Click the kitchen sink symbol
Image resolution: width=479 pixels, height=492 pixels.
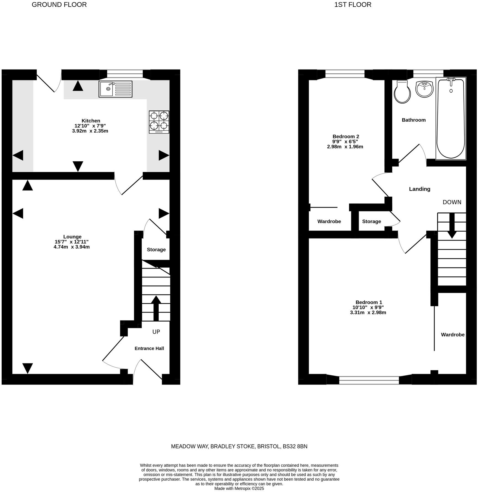click(115, 89)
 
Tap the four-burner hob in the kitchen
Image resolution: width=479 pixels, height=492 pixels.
click(159, 122)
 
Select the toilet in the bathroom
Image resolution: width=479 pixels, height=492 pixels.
click(402, 92)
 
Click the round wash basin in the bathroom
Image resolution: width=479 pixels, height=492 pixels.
click(424, 89)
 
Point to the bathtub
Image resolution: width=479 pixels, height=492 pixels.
click(451, 119)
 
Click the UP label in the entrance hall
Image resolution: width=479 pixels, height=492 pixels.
click(156, 332)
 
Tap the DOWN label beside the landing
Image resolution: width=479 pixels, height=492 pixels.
click(452, 202)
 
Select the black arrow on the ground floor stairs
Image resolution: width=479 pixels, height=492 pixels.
click(156, 308)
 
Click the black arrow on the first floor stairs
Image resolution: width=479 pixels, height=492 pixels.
click(452, 225)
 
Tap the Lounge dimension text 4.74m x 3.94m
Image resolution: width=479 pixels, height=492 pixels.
click(71, 247)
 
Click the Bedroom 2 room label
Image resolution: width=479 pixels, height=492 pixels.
click(345, 137)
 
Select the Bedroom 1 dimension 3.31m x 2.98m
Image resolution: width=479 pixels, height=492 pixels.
click(368, 312)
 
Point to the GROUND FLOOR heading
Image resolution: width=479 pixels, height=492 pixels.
click(59, 5)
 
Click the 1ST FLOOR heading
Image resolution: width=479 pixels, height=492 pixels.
click(353, 5)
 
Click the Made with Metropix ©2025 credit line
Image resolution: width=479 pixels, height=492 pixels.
click(239, 488)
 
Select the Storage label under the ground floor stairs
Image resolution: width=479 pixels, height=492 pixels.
click(156, 250)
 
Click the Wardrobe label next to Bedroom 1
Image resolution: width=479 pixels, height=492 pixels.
click(453, 335)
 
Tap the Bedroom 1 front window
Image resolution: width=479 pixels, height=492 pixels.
click(369, 380)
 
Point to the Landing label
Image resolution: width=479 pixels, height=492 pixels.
click(419, 189)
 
